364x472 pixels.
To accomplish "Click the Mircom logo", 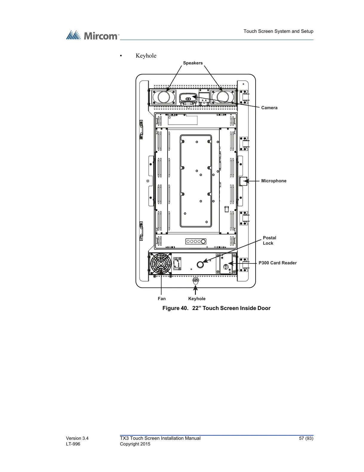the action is pyautogui.click(x=92, y=36).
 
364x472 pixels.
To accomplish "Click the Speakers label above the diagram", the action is pyautogui.click(x=193, y=63).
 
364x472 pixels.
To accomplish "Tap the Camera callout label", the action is pyautogui.click(x=269, y=108).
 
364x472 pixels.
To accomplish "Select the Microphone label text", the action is pyautogui.click(x=274, y=181).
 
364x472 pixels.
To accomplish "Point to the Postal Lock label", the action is pyautogui.click(x=269, y=240).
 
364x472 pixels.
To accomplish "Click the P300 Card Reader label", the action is pyautogui.click(x=277, y=263).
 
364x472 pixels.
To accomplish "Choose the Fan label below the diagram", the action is pyautogui.click(x=162, y=299).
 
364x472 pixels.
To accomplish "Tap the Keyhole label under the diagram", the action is pyautogui.click(x=197, y=299).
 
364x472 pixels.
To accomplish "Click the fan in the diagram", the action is pyautogui.click(x=161, y=264).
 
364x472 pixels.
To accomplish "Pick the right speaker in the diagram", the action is pyautogui.click(x=223, y=97).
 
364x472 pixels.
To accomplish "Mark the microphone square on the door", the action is pyautogui.click(x=243, y=181).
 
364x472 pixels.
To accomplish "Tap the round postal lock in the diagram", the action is pyautogui.click(x=200, y=264).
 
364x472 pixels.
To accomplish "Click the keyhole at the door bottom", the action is pyautogui.click(x=196, y=281).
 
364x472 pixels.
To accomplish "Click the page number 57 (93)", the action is pyautogui.click(x=306, y=438).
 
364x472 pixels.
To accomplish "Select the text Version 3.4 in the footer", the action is pyautogui.click(x=77, y=438).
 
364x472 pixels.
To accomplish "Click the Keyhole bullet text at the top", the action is pyautogui.click(x=146, y=56).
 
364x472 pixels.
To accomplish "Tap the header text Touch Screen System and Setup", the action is pyautogui.click(x=278, y=31).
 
